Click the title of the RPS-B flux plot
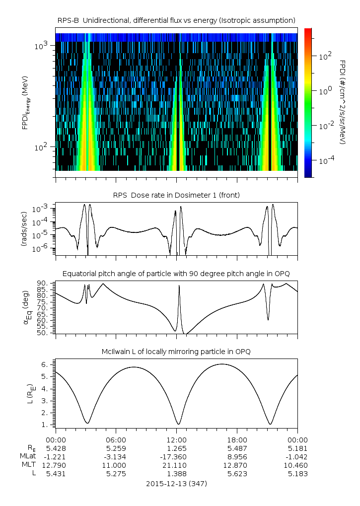176,21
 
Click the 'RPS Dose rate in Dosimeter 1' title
176,195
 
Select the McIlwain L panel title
176,352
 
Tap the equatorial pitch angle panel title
176,274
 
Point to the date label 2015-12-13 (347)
176,484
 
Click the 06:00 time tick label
116,440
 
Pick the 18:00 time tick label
237,440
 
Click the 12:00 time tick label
176,440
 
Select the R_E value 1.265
176,448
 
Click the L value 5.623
237,474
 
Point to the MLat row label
28,456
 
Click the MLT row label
29,465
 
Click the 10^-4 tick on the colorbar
326,160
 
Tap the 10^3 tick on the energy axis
41,46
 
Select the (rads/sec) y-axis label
24,229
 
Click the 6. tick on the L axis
45,364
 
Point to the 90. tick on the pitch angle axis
43,284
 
